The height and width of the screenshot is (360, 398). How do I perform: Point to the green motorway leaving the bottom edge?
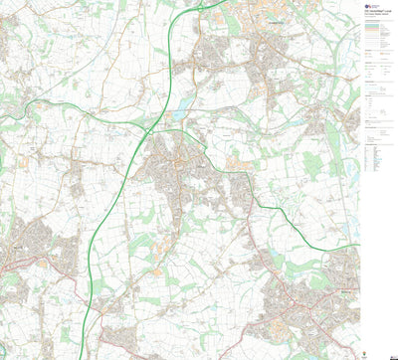tap(99, 356)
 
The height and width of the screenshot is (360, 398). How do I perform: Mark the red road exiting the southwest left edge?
tap(3, 270)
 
